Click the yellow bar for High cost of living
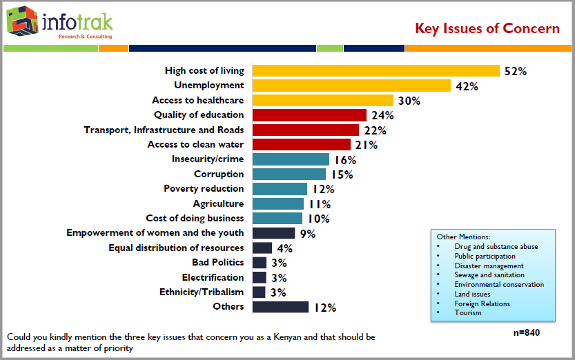click(x=376, y=70)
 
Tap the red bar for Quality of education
click(x=309, y=115)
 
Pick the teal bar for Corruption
click(x=289, y=174)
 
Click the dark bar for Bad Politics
click(x=260, y=263)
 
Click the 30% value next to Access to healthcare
click(x=409, y=101)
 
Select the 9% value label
click(x=308, y=234)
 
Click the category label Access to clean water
click(x=195, y=144)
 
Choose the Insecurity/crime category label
click(x=207, y=159)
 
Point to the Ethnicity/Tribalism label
click(x=202, y=292)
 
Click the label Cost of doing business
click(x=195, y=218)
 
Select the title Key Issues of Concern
click(x=487, y=28)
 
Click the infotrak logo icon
click(x=21, y=21)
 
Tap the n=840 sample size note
click(x=526, y=332)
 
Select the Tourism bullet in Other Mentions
click(x=467, y=313)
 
